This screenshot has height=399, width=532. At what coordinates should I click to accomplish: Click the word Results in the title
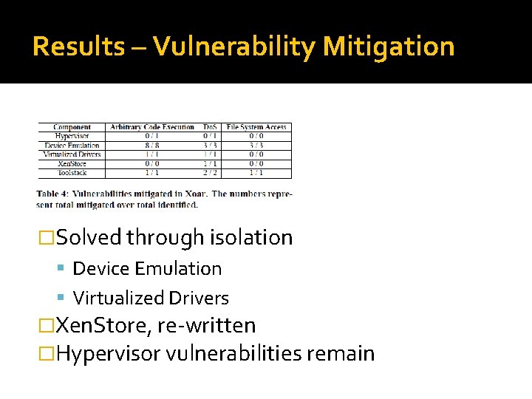click(x=79, y=47)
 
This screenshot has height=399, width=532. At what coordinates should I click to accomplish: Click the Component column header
click(x=72, y=127)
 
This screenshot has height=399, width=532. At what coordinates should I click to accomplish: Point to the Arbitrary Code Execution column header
click(x=151, y=127)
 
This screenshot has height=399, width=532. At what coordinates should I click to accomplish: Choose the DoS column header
click(x=211, y=127)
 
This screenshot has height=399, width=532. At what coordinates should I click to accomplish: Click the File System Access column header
click(x=256, y=127)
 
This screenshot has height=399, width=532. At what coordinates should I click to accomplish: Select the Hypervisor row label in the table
click(x=72, y=136)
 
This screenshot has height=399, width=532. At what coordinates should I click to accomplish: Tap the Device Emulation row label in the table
click(x=72, y=146)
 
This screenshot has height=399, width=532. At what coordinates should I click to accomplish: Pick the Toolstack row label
click(x=72, y=173)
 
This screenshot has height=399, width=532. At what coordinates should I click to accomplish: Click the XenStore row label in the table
click(x=72, y=163)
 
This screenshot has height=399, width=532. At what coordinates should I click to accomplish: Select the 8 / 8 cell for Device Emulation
click(x=151, y=146)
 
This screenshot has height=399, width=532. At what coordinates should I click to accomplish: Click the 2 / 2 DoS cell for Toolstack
click(x=211, y=173)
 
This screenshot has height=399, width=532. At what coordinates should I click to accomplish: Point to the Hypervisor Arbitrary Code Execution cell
click(x=151, y=136)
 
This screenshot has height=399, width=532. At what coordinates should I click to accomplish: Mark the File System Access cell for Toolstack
click(x=256, y=173)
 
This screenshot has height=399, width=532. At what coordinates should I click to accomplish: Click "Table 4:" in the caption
click(x=54, y=194)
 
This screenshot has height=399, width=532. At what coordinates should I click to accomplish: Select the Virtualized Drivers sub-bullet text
click(x=151, y=298)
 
